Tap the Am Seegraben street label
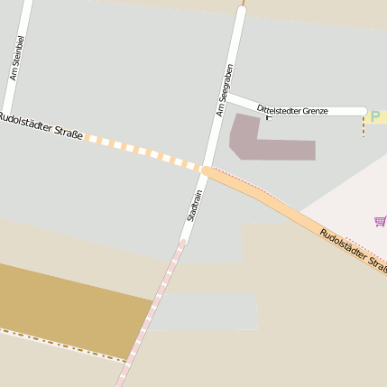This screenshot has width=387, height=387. [x=226, y=89]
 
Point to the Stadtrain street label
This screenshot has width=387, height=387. [x=194, y=206]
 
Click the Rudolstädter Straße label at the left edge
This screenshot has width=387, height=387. [x=41, y=126]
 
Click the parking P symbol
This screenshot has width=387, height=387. [x=375, y=116]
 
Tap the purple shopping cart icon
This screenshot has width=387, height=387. [x=380, y=220]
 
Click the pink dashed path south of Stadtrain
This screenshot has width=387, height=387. [x=153, y=307]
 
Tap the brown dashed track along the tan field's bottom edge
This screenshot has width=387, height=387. [x=63, y=346]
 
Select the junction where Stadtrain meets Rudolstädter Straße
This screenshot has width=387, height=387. [x=206, y=170]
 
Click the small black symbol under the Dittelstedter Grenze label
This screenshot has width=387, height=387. [x=267, y=117]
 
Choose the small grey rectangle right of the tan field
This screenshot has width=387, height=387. [x=203, y=312]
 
